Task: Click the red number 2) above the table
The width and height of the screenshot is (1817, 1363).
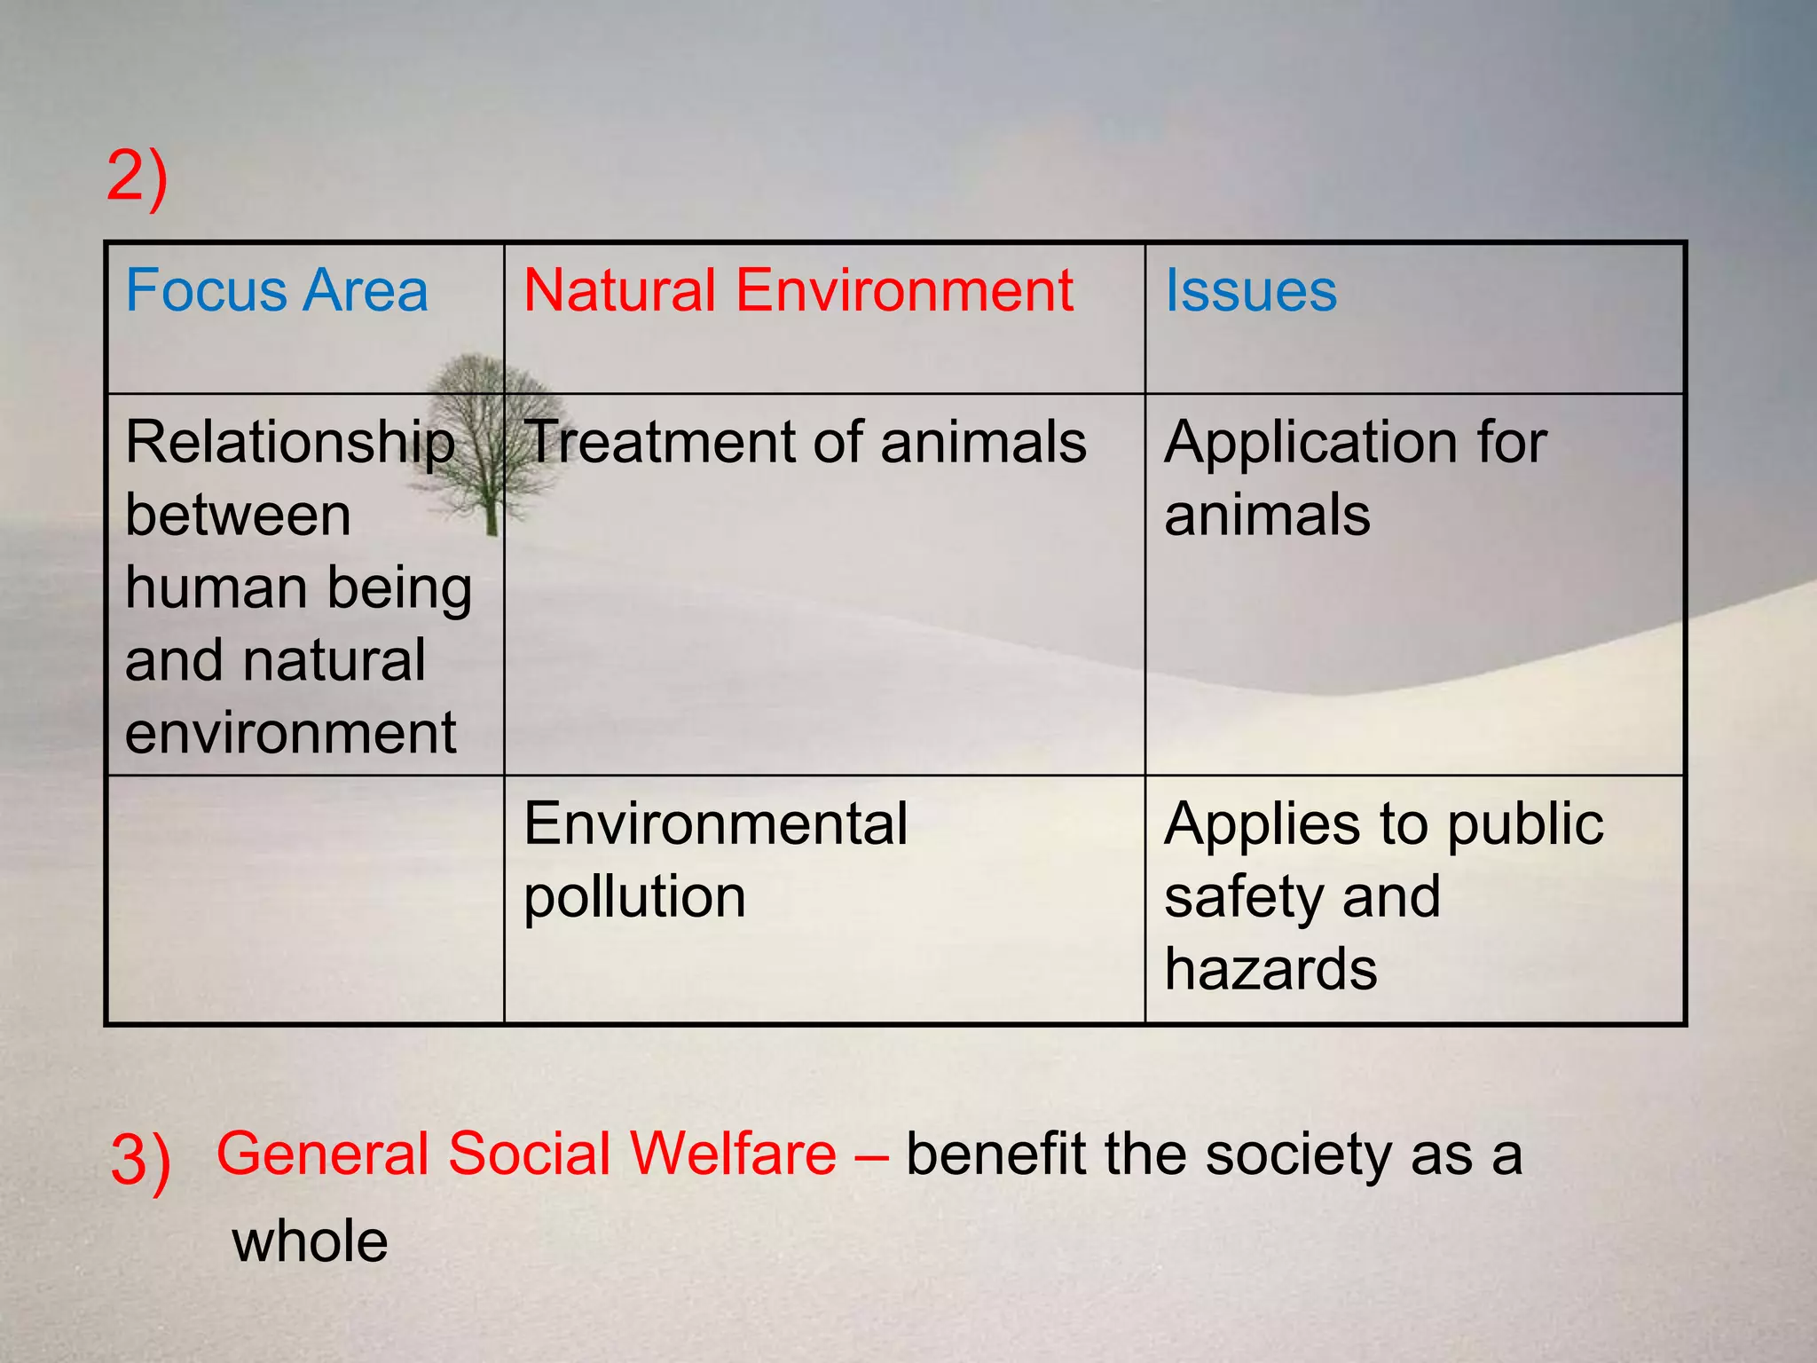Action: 137,177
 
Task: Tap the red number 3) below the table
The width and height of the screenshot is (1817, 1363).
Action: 140,1161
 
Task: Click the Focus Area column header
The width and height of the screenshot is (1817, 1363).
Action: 277,291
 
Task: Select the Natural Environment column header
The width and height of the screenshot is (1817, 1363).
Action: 798,291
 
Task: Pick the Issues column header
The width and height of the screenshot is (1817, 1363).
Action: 1250,291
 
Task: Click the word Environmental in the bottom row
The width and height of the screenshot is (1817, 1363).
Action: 715,823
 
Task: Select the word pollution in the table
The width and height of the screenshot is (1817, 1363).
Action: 634,897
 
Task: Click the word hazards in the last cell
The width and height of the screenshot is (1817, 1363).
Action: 1270,969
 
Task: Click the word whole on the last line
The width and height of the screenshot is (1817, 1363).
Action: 310,1241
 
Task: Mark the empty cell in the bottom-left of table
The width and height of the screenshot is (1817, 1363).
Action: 304,899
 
